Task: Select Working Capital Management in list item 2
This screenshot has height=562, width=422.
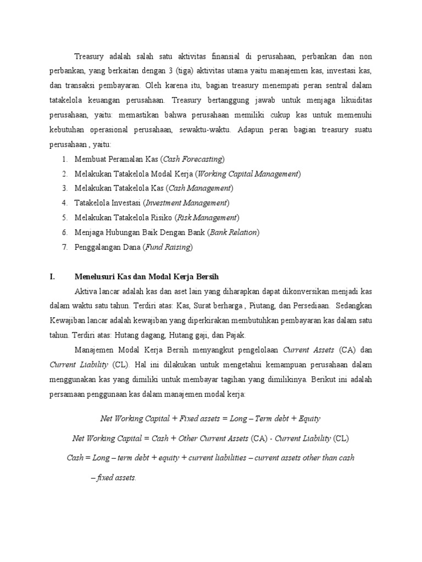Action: pos(248,174)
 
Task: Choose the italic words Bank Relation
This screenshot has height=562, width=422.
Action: pos(234,232)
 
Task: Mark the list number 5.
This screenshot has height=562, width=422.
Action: pos(64,218)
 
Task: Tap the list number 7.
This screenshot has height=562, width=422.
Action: pos(64,247)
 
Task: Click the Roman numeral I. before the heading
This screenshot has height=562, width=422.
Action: pos(52,276)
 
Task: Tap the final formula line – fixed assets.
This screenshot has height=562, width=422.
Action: pos(113,477)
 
